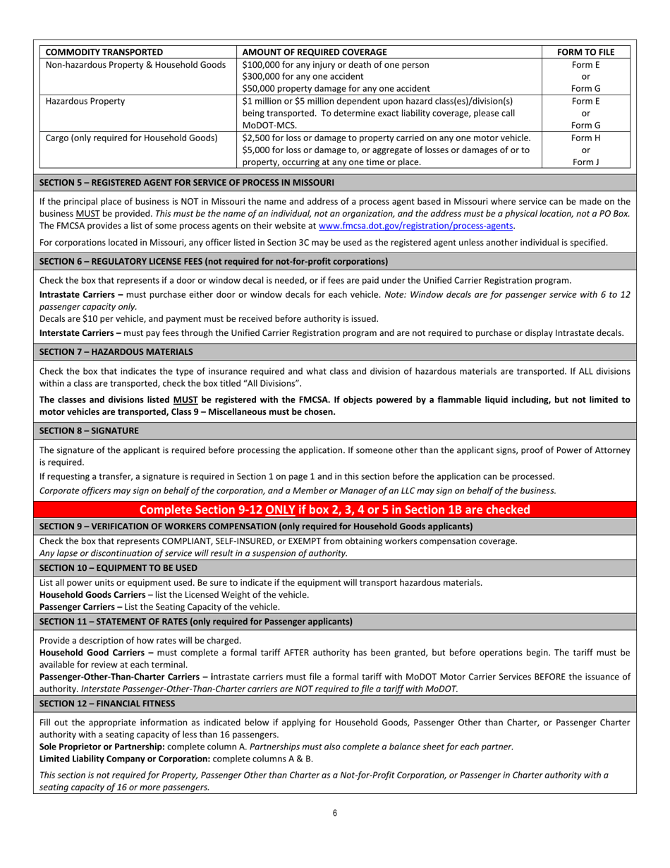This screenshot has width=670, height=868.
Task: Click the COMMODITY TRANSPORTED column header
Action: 104,52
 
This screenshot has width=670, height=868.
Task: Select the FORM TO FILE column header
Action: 585,52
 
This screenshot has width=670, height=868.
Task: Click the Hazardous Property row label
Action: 85,101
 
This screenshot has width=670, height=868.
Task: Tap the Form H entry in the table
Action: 585,138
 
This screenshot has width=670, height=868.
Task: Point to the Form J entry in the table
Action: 585,162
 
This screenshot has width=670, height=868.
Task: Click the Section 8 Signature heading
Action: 89,430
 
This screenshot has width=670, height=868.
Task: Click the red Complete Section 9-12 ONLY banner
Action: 334,510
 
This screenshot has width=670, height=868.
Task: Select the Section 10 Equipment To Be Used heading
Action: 118,567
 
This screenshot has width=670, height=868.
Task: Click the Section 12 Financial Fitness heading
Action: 107,704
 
